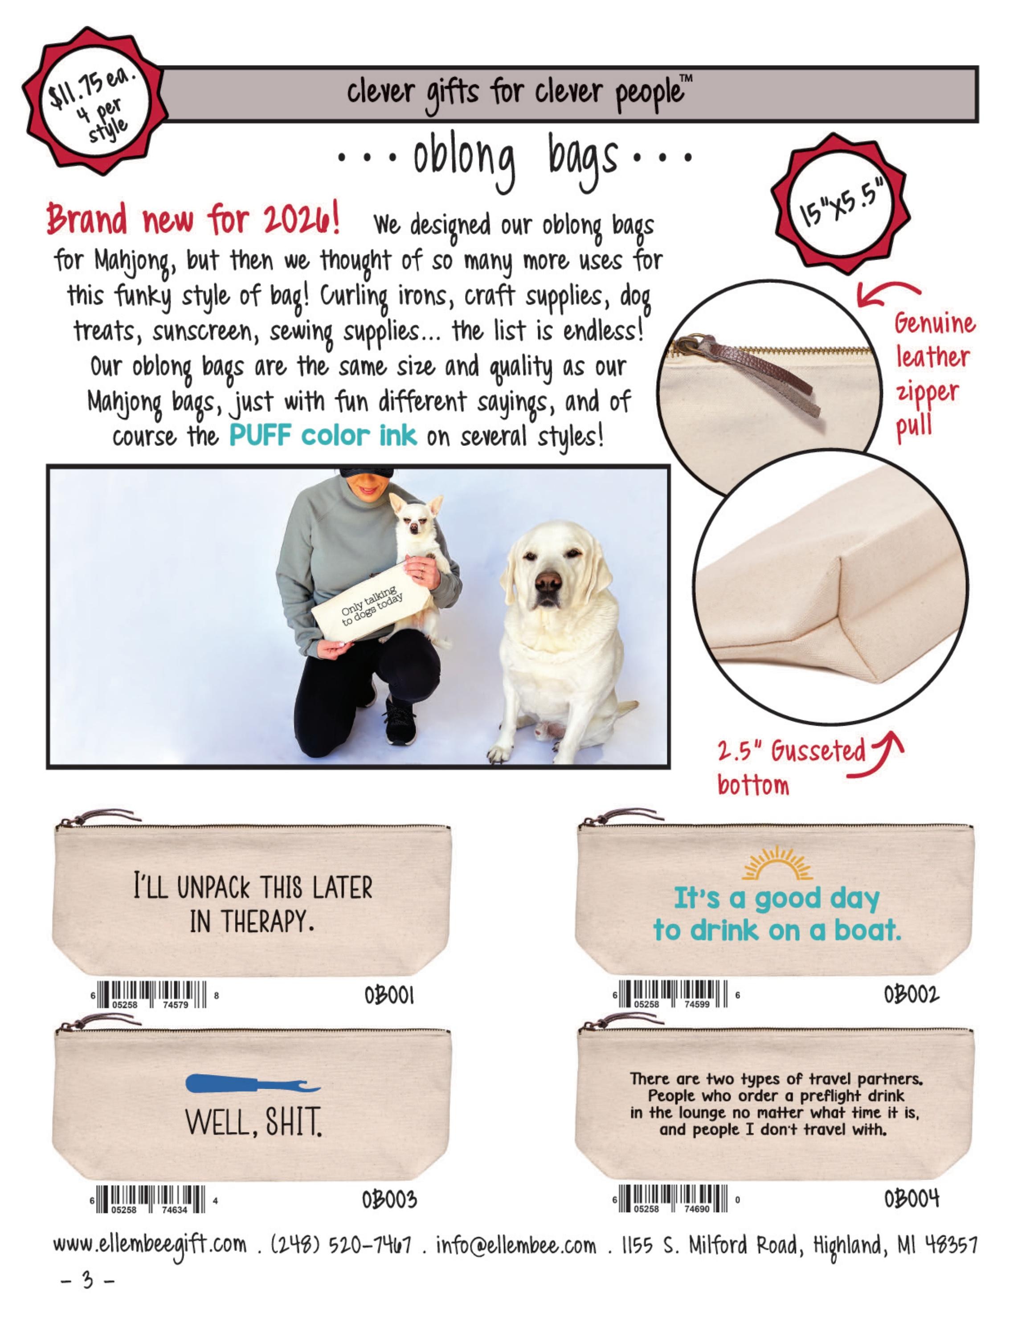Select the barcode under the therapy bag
tap(154, 995)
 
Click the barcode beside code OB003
tap(154, 1200)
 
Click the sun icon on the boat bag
tap(777, 862)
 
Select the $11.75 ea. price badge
tap(94, 101)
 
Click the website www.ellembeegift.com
tap(150, 1245)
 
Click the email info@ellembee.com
tap(516, 1244)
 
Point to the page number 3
tap(88, 1279)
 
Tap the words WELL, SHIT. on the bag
tap(253, 1122)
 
